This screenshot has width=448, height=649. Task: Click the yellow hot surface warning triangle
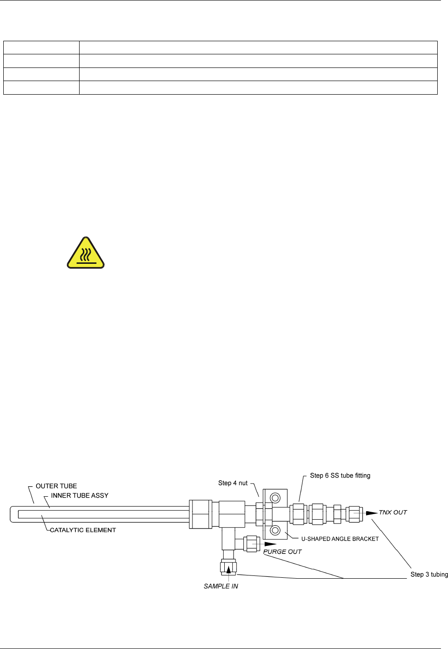pyautogui.click(x=85, y=254)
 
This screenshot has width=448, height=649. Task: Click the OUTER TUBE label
pyautogui.click(x=56, y=486)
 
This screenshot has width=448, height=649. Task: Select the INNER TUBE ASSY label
pyautogui.click(x=80, y=495)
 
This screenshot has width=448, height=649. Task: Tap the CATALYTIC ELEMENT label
pyautogui.click(x=83, y=530)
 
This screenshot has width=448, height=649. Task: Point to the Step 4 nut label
pyautogui.click(x=233, y=483)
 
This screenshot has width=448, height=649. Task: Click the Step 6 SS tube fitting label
pyautogui.click(x=340, y=476)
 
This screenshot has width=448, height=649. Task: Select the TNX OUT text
pyautogui.click(x=393, y=513)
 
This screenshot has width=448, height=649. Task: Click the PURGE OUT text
pyautogui.click(x=282, y=552)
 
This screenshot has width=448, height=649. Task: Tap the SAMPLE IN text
pyautogui.click(x=220, y=586)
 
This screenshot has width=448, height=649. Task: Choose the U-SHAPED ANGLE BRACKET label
pyautogui.click(x=340, y=539)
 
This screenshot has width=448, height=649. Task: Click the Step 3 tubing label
pyautogui.click(x=429, y=574)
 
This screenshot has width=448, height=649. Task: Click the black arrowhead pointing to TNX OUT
pyautogui.click(x=372, y=513)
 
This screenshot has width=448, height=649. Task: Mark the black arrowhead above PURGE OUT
pyautogui.click(x=270, y=544)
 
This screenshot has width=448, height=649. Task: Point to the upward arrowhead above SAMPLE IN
pyautogui.click(x=228, y=569)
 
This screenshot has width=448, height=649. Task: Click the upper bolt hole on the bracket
pyautogui.click(x=275, y=498)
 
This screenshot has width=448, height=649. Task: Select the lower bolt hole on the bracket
pyautogui.click(x=275, y=530)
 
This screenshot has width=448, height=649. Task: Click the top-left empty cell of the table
pyautogui.click(x=41, y=47)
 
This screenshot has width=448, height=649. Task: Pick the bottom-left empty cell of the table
pyautogui.click(x=41, y=88)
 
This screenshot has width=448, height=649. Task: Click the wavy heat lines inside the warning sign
pyautogui.click(x=85, y=255)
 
